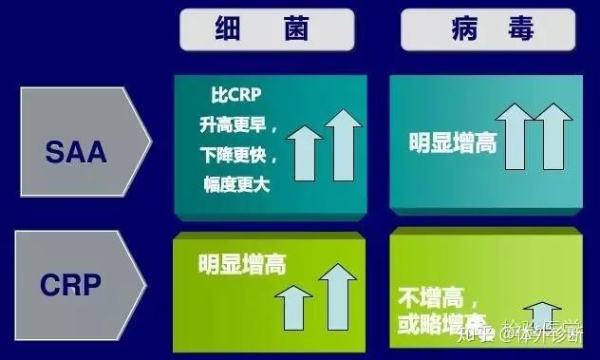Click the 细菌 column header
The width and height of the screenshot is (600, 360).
click(x=267, y=29)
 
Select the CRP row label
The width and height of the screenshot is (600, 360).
click(x=76, y=283)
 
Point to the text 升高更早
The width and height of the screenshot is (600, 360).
click(x=237, y=124)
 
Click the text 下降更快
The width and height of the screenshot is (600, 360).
click(x=237, y=155)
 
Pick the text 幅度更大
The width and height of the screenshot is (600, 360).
click(x=237, y=184)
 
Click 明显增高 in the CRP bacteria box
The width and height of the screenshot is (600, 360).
click(x=242, y=263)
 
